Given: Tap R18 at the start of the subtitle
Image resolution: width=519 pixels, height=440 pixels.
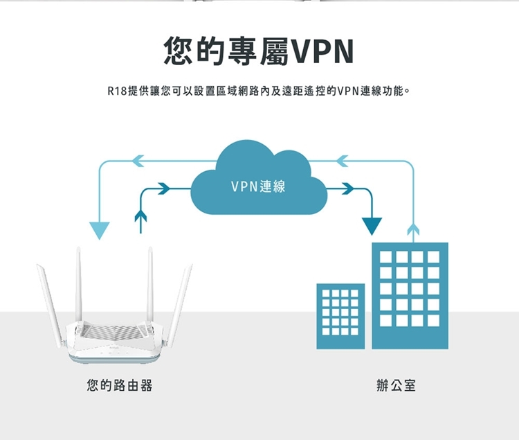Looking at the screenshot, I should click(x=115, y=91).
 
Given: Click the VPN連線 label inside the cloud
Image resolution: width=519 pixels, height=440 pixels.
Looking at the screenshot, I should click(x=258, y=186).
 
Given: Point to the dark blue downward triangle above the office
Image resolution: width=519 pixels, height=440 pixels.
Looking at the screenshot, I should click(x=372, y=226).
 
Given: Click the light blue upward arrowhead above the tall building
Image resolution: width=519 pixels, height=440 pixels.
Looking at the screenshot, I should click(x=414, y=227).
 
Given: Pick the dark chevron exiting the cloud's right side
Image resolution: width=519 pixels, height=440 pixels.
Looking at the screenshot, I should click(x=348, y=187).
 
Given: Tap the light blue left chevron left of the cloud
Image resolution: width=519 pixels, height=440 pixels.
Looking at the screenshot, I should click(x=138, y=161).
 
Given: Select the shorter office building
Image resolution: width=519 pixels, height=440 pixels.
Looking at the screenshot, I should click(x=340, y=316).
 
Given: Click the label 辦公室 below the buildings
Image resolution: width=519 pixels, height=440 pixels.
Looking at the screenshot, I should click(x=397, y=385).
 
